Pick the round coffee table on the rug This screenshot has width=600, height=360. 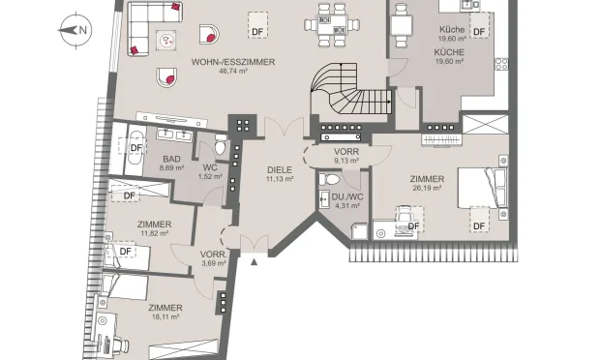(x=167, y=41)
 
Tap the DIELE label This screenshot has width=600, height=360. (x=280, y=170)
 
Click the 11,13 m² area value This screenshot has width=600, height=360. (x=280, y=180)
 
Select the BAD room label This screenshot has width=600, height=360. (x=171, y=159)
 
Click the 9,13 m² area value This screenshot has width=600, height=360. (x=346, y=162)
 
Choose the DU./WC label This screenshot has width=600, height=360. (x=345, y=195)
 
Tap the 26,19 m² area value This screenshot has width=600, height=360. (x=427, y=190)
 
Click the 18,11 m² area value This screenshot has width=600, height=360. (x=165, y=316)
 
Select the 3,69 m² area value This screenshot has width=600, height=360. (x=213, y=263)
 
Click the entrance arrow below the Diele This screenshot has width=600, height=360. (x=255, y=260)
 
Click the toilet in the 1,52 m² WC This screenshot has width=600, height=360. (x=222, y=149)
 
